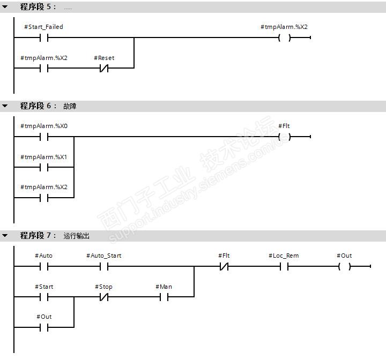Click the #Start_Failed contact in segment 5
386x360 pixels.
click(x=44, y=37)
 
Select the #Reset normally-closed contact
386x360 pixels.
click(x=104, y=68)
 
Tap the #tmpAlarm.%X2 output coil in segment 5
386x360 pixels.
click(x=284, y=37)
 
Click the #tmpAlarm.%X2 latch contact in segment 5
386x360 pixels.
click(x=44, y=68)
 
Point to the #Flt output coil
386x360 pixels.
click(x=284, y=137)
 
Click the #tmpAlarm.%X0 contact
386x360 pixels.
click(x=44, y=137)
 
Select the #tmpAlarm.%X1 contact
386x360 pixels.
click(x=44, y=167)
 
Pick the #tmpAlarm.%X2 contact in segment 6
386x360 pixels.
click(x=44, y=197)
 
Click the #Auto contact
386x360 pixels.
click(x=44, y=266)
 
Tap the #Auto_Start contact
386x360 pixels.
click(x=104, y=266)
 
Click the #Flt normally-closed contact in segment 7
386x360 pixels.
click(x=224, y=266)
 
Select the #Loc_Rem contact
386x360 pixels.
click(x=284, y=266)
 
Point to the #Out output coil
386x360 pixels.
click(x=344, y=266)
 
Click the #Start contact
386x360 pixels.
click(x=44, y=296)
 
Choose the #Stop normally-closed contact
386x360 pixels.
click(x=104, y=296)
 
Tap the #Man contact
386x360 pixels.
click(x=164, y=296)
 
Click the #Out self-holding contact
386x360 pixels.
click(x=44, y=327)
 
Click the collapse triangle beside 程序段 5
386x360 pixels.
click(x=5, y=7)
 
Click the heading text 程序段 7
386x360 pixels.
click(x=38, y=236)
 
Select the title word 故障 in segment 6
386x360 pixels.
click(x=70, y=106)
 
